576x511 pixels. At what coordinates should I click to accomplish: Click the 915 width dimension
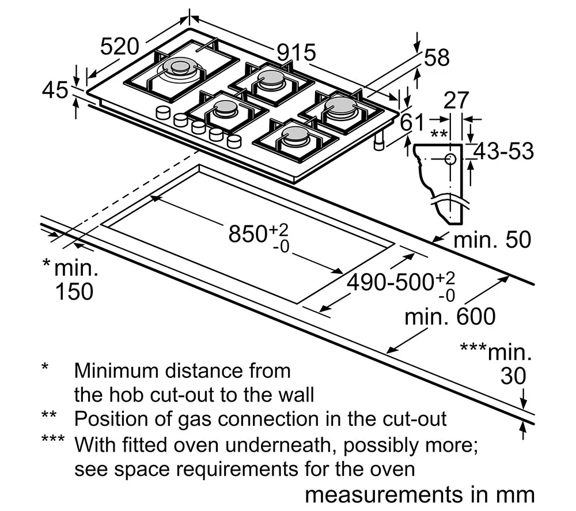[x=296, y=52]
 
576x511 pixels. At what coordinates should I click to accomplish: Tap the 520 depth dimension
[x=120, y=47]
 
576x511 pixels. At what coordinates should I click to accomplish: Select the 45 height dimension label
[x=55, y=90]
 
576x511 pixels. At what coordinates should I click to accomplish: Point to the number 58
[x=437, y=58]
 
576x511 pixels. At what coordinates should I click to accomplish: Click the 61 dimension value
[x=412, y=122]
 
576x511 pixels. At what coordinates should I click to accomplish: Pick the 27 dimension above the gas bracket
[x=456, y=100]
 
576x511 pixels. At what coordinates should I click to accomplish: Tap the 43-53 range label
[x=503, y=151]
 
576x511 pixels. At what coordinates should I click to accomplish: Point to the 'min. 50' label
[x=492, y=240]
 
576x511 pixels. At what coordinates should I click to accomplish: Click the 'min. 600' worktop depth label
[x=450, y=317]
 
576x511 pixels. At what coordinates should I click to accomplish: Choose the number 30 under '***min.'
[x=513, y=376]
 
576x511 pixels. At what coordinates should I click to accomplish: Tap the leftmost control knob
[x=163, y=112]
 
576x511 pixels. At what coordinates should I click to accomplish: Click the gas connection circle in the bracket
[x=450, y=159]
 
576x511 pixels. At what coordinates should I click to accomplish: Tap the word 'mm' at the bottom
[x=518, y=495]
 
